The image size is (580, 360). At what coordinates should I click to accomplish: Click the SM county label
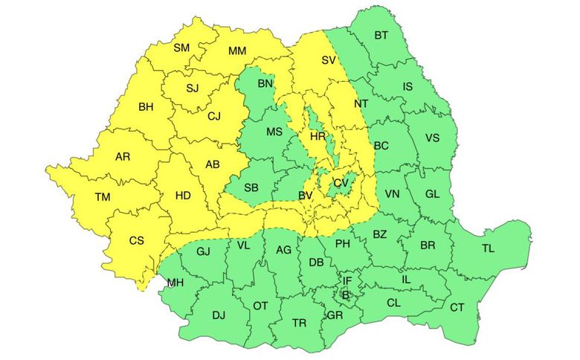click(181, 48)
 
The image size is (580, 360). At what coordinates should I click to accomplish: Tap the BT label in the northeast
click(381, 35)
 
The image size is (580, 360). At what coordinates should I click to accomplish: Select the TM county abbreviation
click(103, 197)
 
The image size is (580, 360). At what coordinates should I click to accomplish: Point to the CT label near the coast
click(457, 307)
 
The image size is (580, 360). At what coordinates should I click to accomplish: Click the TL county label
click(488, 248)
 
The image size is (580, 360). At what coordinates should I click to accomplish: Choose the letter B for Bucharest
click(345, 295)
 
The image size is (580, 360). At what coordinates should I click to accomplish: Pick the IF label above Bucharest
click(347, 280)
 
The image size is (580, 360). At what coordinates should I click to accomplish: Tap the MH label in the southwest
click(175, 283)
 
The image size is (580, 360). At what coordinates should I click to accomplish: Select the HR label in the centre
click(318, 138)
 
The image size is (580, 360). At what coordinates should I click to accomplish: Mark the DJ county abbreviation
click(219, 315)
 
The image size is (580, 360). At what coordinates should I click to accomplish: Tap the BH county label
click(146, 107)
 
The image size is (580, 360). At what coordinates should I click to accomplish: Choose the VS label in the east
click(432, 138)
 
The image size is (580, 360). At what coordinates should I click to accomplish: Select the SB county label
click(251, 186)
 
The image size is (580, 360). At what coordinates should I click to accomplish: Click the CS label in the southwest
click(137, 240)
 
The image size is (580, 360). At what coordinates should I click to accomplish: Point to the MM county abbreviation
click(237, 51)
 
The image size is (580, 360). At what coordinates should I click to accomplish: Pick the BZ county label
click(379, 235)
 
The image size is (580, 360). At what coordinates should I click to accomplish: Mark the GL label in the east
click(433, 193)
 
